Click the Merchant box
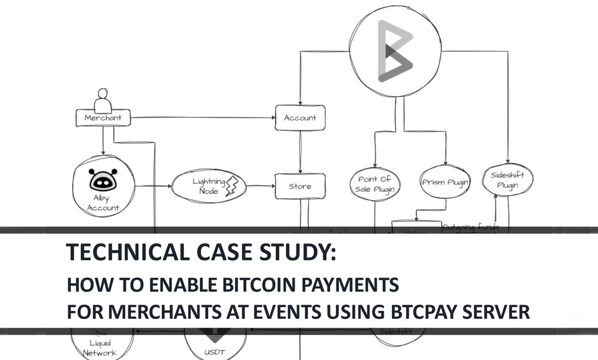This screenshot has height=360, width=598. tap(103, 118)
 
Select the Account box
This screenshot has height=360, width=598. tap(300, 118)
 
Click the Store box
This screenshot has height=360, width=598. tap(300, 186)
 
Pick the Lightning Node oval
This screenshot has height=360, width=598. tap(209, 186)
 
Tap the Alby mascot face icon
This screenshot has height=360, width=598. tap(103, 179)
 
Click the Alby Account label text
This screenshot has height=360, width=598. tap(103, 203)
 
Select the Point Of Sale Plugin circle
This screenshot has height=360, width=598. tap(374, 184)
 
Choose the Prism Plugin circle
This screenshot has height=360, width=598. tap(445, 183)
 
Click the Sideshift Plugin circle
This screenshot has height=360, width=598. tap(508, 181)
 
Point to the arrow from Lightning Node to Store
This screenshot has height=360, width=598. tap(262, 186)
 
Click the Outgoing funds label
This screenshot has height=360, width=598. tap(470, 227)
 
